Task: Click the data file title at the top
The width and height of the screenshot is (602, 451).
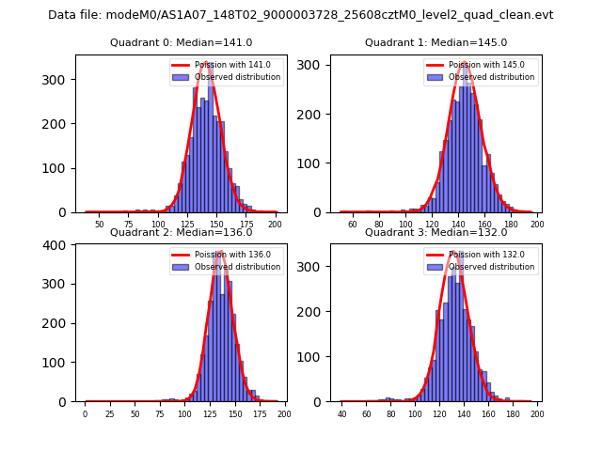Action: pos(301,15)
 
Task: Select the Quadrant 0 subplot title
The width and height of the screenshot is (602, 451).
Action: pos(181,42)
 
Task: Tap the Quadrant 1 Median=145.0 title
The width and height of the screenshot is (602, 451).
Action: pos(436,42)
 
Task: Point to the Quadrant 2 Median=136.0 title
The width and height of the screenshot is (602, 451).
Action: pos(181,232)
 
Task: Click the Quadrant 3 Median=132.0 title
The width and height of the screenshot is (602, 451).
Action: pos(436,232)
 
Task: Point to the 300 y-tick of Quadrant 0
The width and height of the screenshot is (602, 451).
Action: pos(57,80)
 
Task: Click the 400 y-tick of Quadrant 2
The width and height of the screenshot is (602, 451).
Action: pos(57,245)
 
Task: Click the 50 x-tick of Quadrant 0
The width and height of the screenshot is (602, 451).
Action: pos(99,224)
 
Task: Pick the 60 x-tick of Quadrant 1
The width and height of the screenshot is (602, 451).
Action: pos(353,224)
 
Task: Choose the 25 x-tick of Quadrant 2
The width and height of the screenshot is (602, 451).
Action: pos(110,413)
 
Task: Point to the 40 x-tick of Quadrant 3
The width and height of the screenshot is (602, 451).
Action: pos(341,413)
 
